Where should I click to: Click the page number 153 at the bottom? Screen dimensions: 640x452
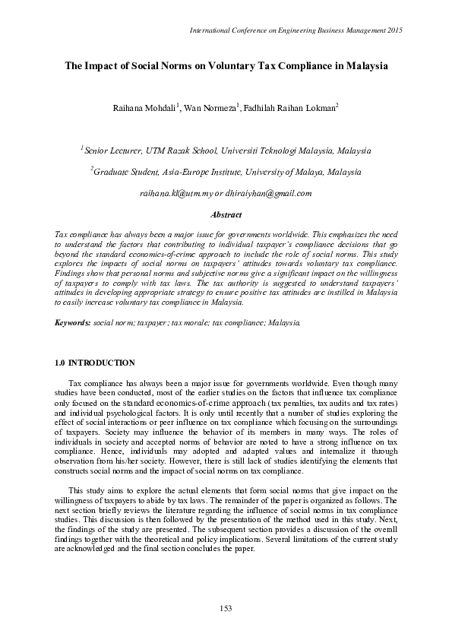[x=226, y=607]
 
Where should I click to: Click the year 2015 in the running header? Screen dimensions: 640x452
[x=393, y=30]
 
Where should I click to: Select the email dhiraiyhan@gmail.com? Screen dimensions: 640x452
[x=273, y=194]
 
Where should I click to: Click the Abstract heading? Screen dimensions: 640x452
[x=226, y=215]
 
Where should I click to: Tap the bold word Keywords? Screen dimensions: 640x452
[x=72, y=322]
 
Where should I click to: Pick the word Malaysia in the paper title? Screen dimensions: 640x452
[x=362, y=66]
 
